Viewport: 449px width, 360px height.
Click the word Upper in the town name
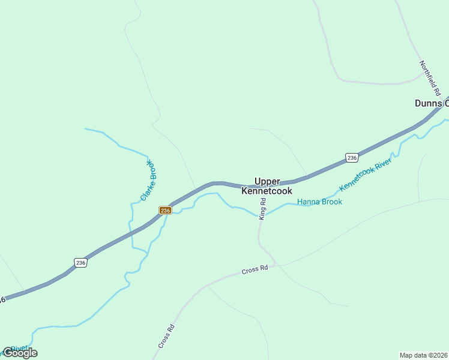(268, 181)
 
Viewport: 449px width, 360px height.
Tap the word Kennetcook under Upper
(267, 191)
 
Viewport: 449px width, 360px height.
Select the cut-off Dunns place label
(431, 103)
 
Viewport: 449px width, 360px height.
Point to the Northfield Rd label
(430, 79)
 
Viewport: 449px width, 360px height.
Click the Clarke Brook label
(148, 181)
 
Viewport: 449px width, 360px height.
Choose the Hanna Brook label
(319, 202)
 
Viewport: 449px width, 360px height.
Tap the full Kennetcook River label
(366, 175)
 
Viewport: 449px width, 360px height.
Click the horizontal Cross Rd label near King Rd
(255, 270)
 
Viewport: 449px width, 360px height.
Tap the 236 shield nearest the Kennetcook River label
(352, 158)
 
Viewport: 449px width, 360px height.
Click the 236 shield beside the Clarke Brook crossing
(166, 210)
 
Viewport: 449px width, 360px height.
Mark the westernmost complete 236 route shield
(81, 262)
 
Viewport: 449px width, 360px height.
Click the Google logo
(20, 353)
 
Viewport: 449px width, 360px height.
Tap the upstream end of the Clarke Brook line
(85, 128)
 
